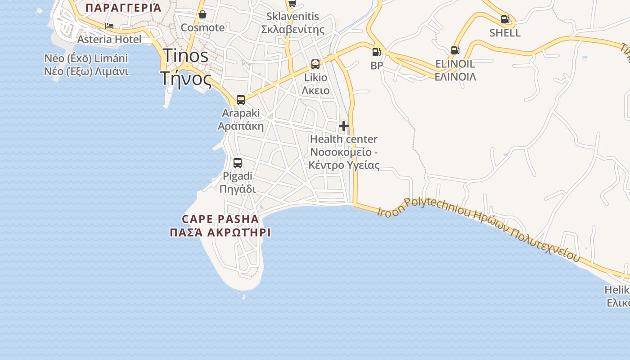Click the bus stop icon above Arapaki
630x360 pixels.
(241, 100)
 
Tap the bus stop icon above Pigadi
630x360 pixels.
(238, 163)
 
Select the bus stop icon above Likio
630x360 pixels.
(315, 64)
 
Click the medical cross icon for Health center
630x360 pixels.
(344, 126)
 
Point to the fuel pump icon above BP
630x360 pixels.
(376, 52)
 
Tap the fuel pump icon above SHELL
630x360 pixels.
(505, 20)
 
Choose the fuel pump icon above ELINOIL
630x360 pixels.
(455, 50)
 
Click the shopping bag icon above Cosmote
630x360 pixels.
(202, 15)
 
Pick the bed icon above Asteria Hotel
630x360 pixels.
(109, 27)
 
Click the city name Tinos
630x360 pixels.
(185, 55)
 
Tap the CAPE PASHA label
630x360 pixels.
(220, 219)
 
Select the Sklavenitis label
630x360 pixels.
(292, 17)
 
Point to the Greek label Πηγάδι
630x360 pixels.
(238, 189)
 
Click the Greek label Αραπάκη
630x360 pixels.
(241, 126)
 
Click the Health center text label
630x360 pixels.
(344, 139)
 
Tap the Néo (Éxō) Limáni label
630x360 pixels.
(86, 58)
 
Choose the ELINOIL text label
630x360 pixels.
(455, 64)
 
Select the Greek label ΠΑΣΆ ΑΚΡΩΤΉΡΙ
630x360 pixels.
(220, 233)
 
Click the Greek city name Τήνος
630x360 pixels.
(185, 79)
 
